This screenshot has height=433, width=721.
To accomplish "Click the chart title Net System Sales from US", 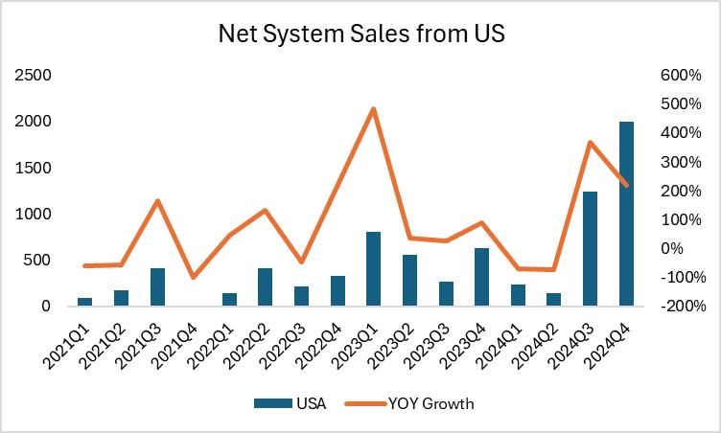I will point(360,36).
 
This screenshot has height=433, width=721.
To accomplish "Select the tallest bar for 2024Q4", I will point(627,214).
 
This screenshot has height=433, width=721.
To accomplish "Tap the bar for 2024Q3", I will point(591,249).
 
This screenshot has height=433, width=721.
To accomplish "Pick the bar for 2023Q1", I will point(373,269).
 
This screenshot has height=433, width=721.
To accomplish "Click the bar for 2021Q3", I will point(157,287).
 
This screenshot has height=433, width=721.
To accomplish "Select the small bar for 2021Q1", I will point(85,302).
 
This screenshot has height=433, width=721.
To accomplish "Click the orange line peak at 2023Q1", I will point(373,108).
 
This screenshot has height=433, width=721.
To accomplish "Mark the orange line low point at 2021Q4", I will point(194,278).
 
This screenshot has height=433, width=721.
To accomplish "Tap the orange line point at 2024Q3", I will point(591,143).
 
